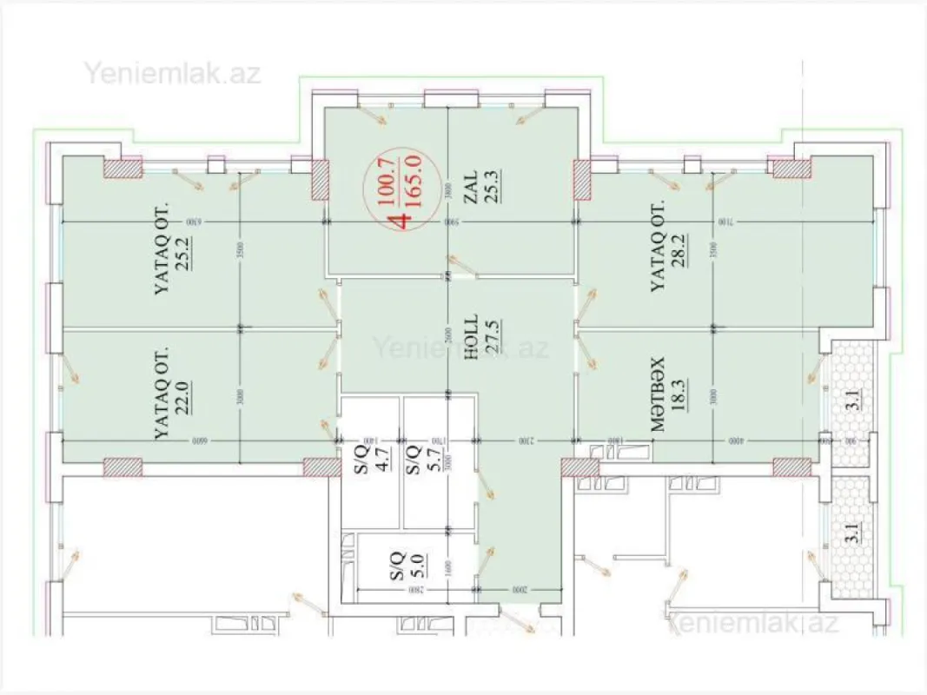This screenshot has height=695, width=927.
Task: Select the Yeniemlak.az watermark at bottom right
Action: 752,622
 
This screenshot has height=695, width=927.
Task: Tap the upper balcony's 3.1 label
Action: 853,401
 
